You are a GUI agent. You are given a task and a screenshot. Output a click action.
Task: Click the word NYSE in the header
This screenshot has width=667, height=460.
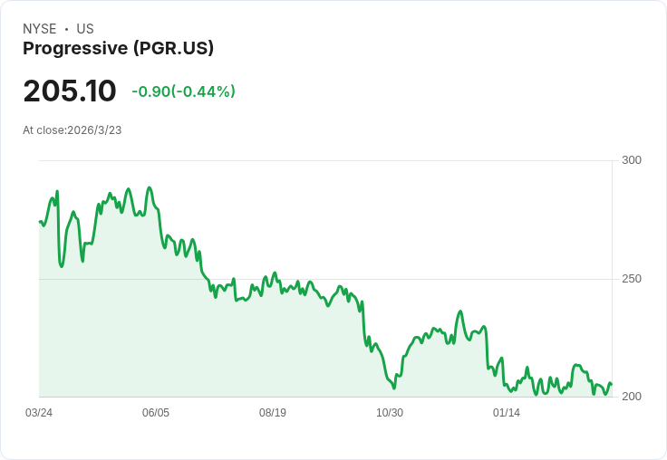point(40,29)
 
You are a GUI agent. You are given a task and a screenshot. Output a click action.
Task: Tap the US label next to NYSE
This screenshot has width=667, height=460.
point(85,29)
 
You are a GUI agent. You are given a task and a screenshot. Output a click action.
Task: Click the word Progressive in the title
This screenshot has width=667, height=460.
point(75,49)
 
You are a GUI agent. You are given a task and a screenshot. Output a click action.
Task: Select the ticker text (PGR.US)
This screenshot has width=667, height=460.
point(174,49)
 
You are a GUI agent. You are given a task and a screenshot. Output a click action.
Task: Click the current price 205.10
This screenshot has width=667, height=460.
point(70,91)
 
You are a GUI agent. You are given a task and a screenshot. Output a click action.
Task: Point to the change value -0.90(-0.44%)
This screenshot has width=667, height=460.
point(183,91)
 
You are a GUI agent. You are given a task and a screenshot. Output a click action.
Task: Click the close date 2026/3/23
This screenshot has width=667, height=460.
point(94,130)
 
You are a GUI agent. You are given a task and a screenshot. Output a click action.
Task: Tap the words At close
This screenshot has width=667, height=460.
point(43,130)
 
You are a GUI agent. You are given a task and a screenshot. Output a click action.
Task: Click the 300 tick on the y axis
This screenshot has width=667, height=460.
point(632,160)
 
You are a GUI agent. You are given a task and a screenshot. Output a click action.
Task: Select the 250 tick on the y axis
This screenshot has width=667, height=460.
point(632,279)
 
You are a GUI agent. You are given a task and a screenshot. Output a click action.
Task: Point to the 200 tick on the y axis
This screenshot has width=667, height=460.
point(632,397)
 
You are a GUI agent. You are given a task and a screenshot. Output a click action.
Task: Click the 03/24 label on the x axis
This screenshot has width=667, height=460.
point(39,413)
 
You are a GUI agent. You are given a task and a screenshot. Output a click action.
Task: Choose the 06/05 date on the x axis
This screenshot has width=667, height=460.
point(156,413)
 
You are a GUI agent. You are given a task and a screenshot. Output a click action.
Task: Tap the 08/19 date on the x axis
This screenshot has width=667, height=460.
point(273,413)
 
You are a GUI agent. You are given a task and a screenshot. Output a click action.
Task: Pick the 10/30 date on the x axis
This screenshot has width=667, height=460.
point(390,413)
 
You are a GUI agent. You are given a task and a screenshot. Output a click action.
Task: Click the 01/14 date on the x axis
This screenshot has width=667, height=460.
point(507,413)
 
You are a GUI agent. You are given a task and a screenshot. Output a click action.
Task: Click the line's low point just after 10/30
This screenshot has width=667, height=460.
point(394,388)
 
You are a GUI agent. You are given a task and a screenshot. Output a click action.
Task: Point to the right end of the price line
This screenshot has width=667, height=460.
point(612,384)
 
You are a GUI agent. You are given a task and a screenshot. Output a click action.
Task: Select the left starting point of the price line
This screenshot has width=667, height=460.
point(40,222)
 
